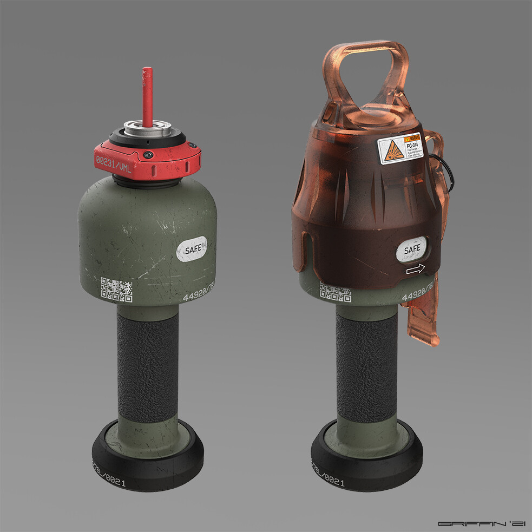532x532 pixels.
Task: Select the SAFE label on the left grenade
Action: coord(192,250)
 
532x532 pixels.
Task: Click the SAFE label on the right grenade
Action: coord(412,249)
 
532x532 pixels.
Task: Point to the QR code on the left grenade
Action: coord(116,290)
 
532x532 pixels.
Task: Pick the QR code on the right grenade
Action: coord(336,293)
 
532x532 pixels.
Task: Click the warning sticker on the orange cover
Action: coord(399,148)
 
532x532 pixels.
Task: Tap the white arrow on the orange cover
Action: coord(415,270)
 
